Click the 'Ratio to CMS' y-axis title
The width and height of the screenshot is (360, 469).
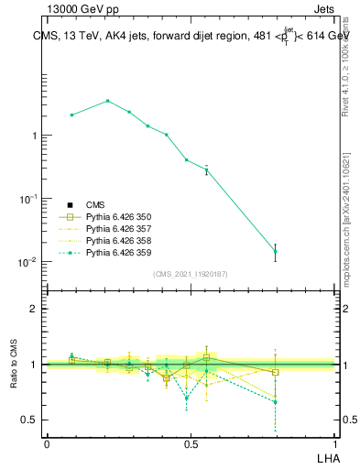click(x=15, y=365)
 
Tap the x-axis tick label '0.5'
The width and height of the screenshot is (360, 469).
click(x=191, y=443)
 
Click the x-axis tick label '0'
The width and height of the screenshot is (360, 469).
click(x=47, y=443)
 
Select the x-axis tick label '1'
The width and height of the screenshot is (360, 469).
click(x=334, y=443)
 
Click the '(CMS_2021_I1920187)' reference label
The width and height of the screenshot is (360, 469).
click(x=191, y=274)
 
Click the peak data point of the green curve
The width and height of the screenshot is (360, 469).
click(x=107, y=101)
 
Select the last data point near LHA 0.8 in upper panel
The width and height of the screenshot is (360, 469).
click(x=275, y=251)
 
